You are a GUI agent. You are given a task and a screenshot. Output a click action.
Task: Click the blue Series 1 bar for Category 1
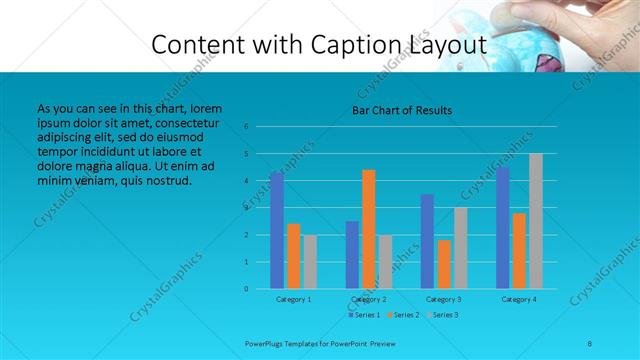point(277,231)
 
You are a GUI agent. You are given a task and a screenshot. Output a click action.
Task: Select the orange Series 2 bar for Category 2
point(369,229)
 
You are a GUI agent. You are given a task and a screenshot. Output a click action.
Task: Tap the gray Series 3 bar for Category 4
point(536,221)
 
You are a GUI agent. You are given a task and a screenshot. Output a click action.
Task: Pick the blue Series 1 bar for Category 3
point(427,241)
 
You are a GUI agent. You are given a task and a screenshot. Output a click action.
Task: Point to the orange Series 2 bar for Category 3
point(444,264)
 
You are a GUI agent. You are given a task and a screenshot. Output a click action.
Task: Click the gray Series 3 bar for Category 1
point(310,262)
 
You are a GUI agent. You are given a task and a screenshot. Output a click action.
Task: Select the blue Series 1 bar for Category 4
point(502,228)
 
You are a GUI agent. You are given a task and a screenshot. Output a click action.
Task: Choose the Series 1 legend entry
point(365,315)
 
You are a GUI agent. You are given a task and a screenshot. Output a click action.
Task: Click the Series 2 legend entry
point(402,315)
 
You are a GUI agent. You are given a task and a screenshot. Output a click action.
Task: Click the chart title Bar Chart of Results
point(401,110)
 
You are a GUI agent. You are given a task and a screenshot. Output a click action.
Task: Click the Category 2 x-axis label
point(369,299)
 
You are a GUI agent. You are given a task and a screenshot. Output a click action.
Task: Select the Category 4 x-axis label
point(519,299)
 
